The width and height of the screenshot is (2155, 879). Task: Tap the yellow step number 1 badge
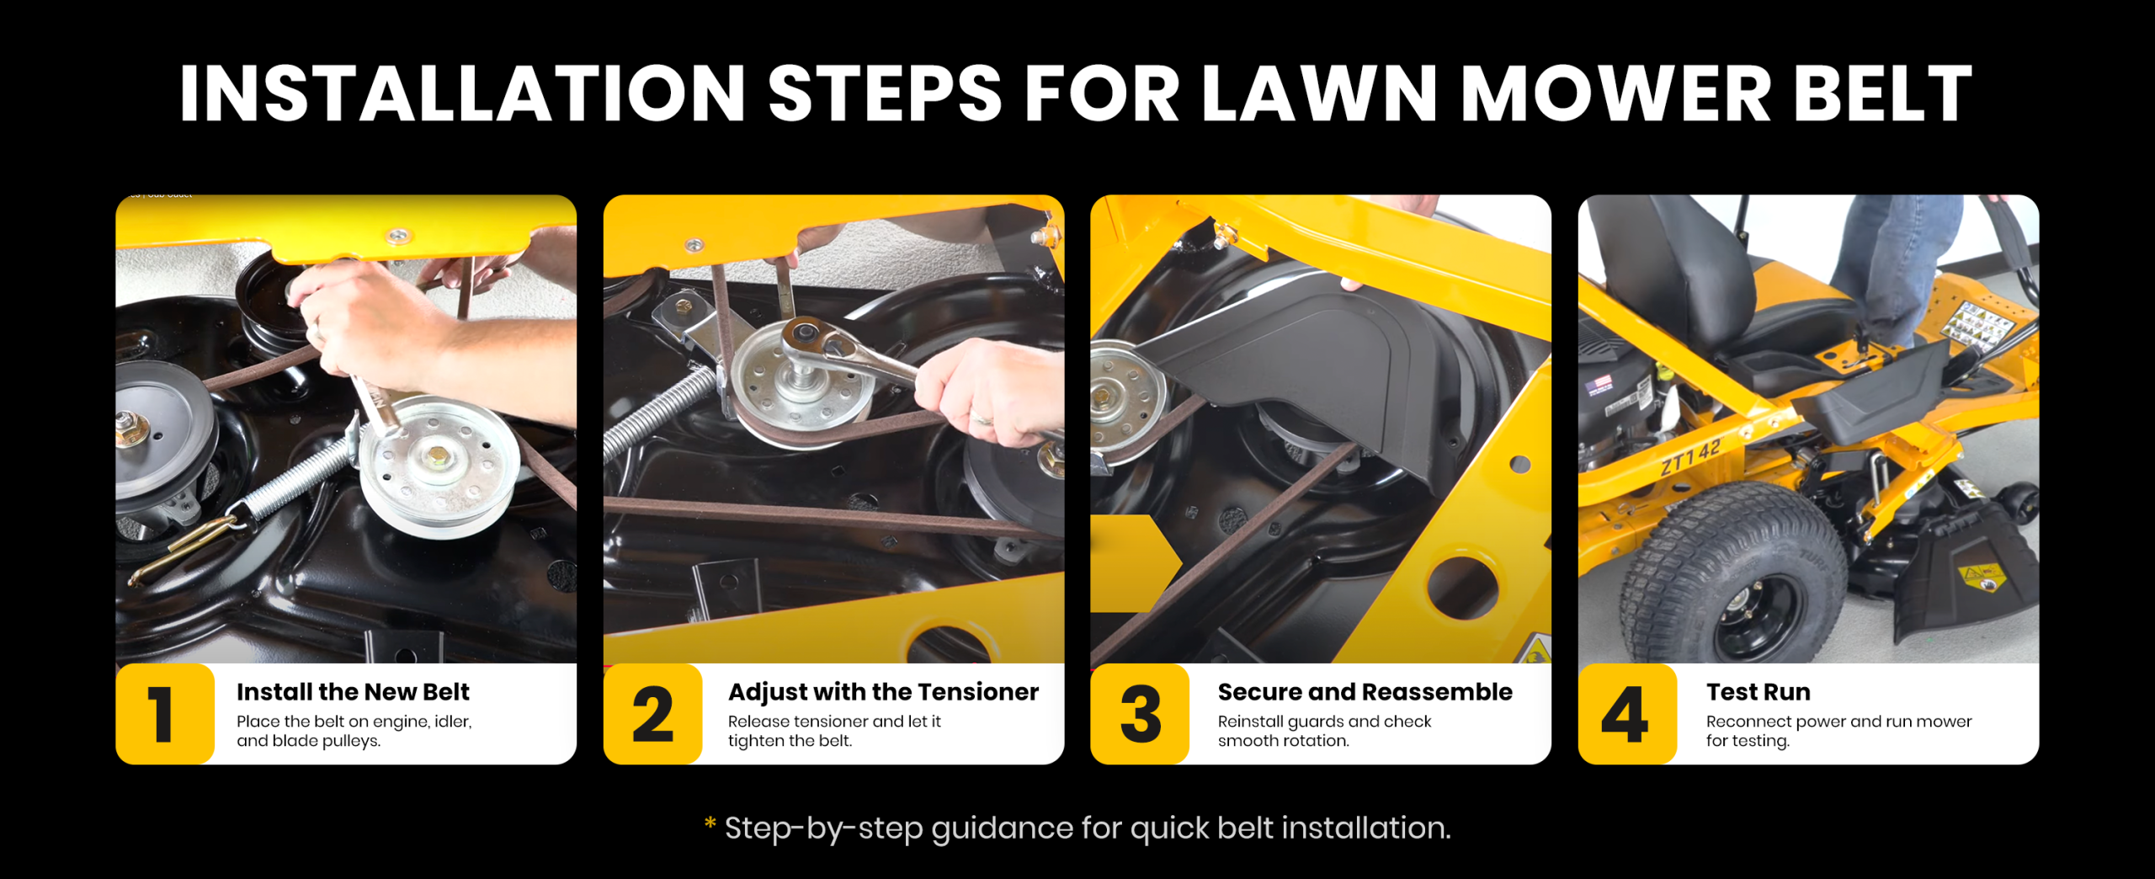[165, 714]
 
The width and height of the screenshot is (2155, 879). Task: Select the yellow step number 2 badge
[653, 714]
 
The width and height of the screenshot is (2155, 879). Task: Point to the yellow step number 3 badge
[1140, 714]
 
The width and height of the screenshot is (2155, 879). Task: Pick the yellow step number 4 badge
[1627, 714]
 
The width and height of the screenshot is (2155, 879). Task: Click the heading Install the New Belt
[353, 692]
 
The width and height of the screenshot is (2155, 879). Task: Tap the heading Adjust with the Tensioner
[883, 692]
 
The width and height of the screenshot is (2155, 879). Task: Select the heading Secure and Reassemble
[1365, 692]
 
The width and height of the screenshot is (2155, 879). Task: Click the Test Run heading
[1758, 692]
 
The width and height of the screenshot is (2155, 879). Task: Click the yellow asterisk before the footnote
[710, 823]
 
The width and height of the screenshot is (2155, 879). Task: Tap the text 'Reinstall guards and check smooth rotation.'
[1324, 731]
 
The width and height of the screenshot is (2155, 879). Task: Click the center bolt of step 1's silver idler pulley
[438, 455]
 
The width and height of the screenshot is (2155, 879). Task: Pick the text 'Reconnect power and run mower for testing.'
[1838, 731]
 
